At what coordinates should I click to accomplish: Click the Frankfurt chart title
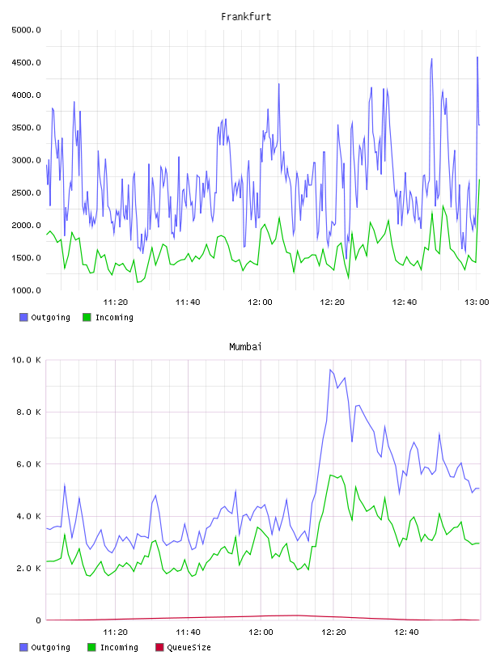tap(246, 17)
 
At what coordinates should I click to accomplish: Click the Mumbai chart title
tap(245, 347)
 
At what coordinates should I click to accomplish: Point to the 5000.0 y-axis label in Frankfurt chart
tap(26, 30)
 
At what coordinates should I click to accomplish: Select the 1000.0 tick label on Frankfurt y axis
tap(26, 290)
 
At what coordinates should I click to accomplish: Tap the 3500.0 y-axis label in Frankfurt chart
tap(26, 128)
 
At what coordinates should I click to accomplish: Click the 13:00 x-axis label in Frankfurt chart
tap(477, 302)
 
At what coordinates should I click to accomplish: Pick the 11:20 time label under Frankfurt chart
tap(116, 302)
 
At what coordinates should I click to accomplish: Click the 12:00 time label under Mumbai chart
tap(261, 632)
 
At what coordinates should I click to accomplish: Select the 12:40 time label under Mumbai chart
tap(406, 632)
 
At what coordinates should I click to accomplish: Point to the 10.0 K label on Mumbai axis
tap(26, 360)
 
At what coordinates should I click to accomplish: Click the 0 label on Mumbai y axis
tap(38, 620)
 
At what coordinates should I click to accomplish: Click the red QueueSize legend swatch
tap(159, 647)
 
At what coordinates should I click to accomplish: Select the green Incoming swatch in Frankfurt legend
tap(87, 317)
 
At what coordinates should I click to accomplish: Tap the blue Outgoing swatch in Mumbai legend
tap(23, 647)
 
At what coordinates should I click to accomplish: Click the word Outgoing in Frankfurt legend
tap(50, 318)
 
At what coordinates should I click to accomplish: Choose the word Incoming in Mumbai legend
tap(119, 648)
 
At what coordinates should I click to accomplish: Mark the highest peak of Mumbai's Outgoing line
tap(330, 370)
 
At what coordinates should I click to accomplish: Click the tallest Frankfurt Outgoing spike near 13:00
tap(477, 57)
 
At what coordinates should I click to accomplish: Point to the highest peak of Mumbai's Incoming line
tap(331, 475)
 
